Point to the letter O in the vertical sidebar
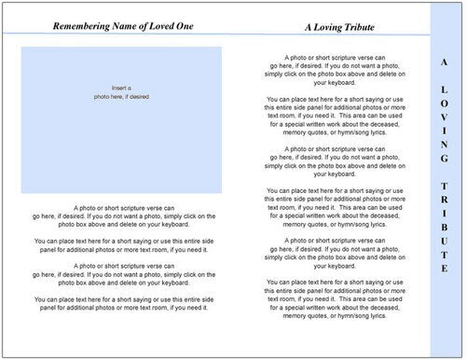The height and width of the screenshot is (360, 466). (444, 104)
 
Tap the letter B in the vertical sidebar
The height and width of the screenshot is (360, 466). (444, 229)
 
